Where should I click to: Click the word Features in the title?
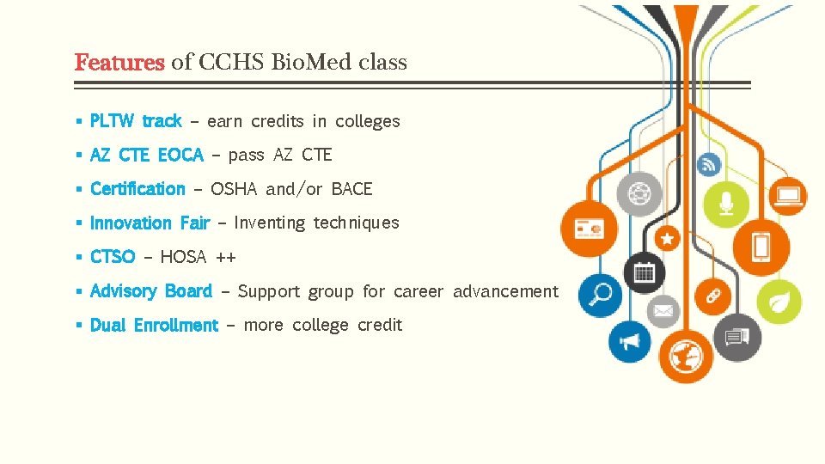pos(119,63)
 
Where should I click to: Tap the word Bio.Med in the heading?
pos(312,63)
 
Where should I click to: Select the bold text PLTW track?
pos(136,121)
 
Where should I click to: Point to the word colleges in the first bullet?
pos(368,121)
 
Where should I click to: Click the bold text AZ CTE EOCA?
pos(147,156)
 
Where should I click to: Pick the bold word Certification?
pos(137,189)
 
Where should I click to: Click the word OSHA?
pos(235,189)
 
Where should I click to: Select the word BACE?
pos(352,189)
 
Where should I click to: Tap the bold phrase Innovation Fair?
pos(150,223)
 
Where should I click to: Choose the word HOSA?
pos(183,257)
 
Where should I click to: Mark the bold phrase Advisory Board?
pos(151,291)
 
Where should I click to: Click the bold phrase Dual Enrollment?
pos(154,326)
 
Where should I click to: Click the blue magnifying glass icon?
pos(600,294)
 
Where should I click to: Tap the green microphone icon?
pos(727,201)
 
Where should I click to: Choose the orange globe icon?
pos(686,353)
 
